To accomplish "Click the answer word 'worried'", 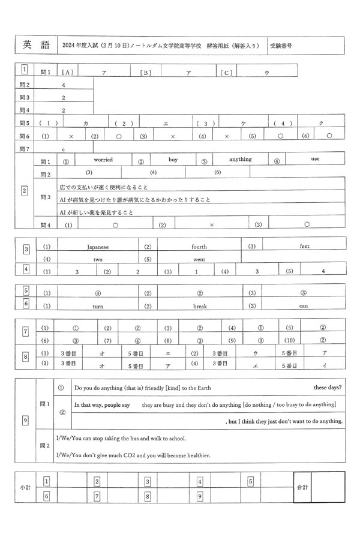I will click(x=103, y=160).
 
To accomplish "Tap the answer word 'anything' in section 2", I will click(x=241, y=160).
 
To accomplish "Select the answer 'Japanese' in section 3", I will click(x=98, y=247).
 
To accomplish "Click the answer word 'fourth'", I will click(x=199, y=247).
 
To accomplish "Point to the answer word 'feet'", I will click(x=305, y=246).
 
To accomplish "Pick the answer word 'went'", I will click(x=199, y=259).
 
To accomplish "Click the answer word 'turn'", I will click(x=98, y=306).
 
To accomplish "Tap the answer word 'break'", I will click(x=200, y=306).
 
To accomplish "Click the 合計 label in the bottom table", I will click(x=302, y=487).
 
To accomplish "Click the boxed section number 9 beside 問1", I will click(x=25, y=420).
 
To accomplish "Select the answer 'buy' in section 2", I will click(x=173, y=160).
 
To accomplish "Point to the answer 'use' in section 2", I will click(x=315, y=160).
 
